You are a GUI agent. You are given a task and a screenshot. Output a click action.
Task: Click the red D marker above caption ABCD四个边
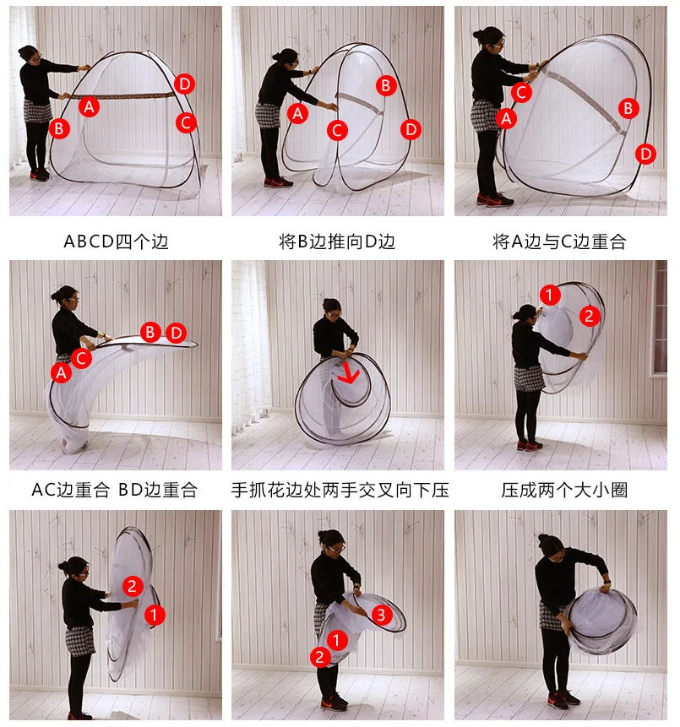coord(184,84)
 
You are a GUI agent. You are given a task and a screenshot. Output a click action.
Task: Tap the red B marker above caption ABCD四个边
coord(59,128)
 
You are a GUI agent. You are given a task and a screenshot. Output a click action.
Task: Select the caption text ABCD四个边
coord(116,241)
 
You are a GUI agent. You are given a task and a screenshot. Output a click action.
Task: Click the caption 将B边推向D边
coord(337,241)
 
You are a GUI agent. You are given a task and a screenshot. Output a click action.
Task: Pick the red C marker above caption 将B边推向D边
coord(337,131)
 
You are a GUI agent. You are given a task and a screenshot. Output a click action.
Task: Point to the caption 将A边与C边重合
coord(560,241)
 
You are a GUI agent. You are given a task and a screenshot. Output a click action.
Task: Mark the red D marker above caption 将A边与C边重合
coord(645,154)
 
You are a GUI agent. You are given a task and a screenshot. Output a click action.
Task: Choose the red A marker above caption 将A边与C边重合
coord(506,118)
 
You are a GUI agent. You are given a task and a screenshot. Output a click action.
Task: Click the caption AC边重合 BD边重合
coord(115,490)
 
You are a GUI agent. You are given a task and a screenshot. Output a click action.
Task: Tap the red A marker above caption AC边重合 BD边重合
coord(61,372)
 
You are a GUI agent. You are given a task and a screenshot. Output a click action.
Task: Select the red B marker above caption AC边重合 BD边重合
coord(150,332)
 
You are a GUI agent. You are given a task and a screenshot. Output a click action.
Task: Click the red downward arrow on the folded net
coord(348,373)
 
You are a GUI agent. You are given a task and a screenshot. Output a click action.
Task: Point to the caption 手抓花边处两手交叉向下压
coord(340,490)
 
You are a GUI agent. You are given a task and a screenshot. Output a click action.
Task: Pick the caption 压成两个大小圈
coord(564,490)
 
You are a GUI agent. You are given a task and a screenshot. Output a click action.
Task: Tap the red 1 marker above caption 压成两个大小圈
coord(550,295)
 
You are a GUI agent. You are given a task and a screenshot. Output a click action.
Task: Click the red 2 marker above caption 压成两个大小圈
coord(590,316)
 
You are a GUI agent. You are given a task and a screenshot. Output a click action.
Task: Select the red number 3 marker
coord(381,615)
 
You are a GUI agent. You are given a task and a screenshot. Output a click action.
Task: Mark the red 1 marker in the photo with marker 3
coord(337,640)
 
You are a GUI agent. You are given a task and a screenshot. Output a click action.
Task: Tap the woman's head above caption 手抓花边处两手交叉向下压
coord(332,308)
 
